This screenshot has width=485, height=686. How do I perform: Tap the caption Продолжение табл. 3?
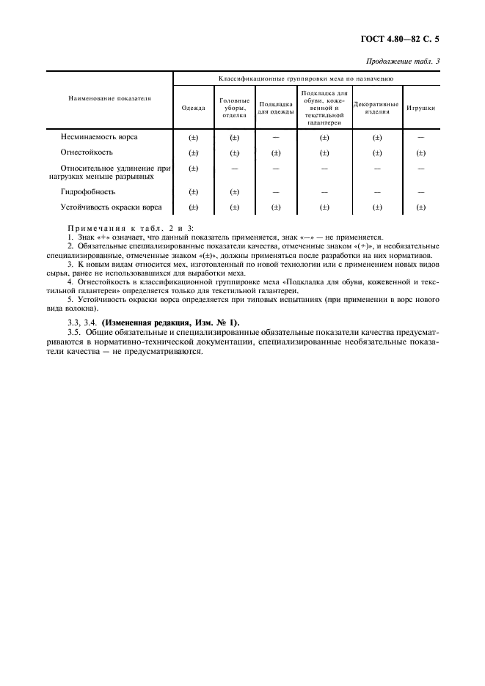402,61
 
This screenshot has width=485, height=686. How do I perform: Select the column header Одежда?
193,108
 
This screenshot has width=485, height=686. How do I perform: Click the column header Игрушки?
420,108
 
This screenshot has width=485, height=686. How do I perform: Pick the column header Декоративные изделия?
376,108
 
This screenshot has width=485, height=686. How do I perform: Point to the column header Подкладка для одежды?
276,108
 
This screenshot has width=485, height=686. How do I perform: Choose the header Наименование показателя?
109,97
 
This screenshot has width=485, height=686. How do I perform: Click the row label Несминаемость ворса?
98,137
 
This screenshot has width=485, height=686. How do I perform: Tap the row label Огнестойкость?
87,152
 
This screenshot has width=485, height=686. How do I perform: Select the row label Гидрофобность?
87,191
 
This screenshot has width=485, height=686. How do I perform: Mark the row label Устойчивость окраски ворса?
111,207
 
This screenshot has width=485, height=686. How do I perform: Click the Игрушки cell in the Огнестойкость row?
420,153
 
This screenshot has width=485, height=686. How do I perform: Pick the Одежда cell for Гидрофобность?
194,192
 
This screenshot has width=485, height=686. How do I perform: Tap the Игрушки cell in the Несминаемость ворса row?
420,137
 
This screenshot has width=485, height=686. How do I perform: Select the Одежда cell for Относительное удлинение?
194,169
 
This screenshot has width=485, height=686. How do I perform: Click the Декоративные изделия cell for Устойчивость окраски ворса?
376,207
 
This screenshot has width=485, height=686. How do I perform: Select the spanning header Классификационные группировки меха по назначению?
306,77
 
